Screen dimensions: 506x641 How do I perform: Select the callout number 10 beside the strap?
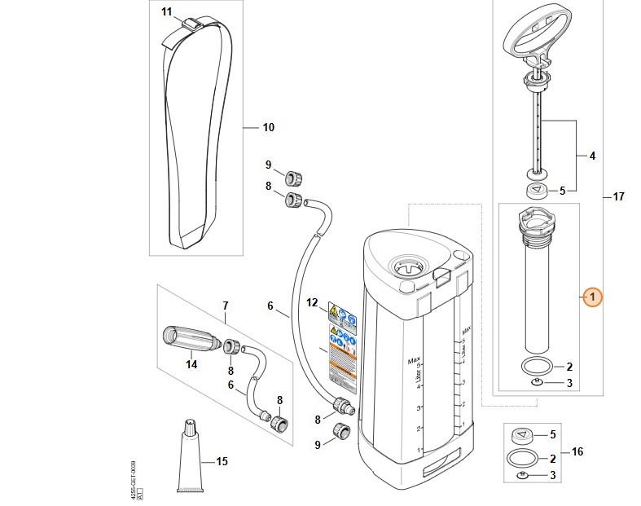268,127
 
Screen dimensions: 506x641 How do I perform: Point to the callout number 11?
166,11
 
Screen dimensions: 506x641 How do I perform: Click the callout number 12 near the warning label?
311,303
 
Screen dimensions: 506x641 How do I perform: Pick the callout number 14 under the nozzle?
191,364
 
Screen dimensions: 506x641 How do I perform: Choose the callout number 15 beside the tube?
226,306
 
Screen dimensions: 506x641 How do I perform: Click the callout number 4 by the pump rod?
592,155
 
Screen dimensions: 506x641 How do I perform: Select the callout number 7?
226,306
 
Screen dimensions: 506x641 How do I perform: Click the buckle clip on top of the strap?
189,24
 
